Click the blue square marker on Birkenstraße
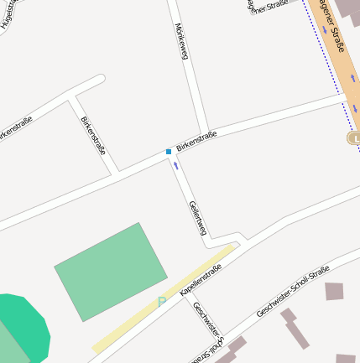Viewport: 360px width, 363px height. pos(169,152)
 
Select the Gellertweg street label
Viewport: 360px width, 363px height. pos(197,219)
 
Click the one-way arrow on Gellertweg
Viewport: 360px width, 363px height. pos(176,165)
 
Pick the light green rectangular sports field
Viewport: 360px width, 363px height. pos(111,271)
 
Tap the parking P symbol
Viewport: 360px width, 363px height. pos(162,302)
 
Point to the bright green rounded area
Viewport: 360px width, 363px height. pos(22,327)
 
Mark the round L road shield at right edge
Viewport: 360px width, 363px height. pos(353,137)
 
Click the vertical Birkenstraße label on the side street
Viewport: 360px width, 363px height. pos(91,134)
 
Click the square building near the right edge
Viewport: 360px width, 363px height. pos(334,291)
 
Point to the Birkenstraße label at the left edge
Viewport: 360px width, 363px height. pos(14,130)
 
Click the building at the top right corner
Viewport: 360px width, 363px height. pos(346,8)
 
